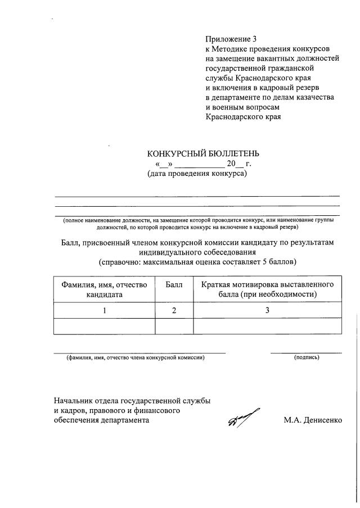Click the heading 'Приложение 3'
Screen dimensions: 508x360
(231, 39)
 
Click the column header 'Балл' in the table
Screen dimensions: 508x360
(174, 285)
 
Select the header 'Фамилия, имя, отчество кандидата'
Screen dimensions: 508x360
(104, 289)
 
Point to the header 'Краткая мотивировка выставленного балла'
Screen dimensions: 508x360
(267, 289)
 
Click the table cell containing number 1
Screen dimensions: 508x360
(104, 310)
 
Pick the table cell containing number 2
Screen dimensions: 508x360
(174, 310)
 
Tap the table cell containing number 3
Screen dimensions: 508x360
(267, 310)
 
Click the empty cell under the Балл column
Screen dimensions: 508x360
(174, 326)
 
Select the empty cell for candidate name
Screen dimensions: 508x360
(104, 326)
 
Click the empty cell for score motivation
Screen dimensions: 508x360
(267, 326)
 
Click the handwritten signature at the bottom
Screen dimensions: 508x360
(244, 418)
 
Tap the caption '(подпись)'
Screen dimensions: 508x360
(307, 357)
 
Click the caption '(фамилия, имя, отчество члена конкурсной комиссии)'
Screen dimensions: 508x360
(135, 357)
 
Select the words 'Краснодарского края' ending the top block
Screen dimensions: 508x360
(243, 117)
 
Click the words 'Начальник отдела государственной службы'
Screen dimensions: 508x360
(132, 401)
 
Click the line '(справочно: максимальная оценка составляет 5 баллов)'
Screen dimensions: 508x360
(197, 262)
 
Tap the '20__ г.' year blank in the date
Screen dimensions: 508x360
(238, 164)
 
